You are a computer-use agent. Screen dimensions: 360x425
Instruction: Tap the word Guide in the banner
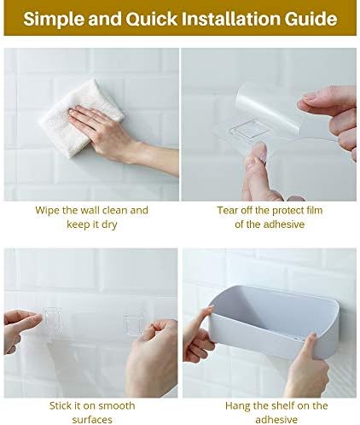tap(311, 20)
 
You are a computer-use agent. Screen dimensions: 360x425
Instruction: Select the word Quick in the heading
tap(152, 20)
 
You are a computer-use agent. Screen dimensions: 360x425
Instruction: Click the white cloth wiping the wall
tap(81, 117)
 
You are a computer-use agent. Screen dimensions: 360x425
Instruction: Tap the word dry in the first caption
tap(109, 224)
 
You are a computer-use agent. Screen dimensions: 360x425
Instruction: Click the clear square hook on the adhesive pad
tap(248, 130)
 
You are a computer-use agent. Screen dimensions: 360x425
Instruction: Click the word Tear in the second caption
tap(228, 211)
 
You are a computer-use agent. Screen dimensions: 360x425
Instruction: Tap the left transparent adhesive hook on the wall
tap(52, 321)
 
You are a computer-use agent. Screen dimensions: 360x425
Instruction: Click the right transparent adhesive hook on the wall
tap(134, 324)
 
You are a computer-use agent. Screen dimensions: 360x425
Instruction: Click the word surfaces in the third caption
tap(92, 419)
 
